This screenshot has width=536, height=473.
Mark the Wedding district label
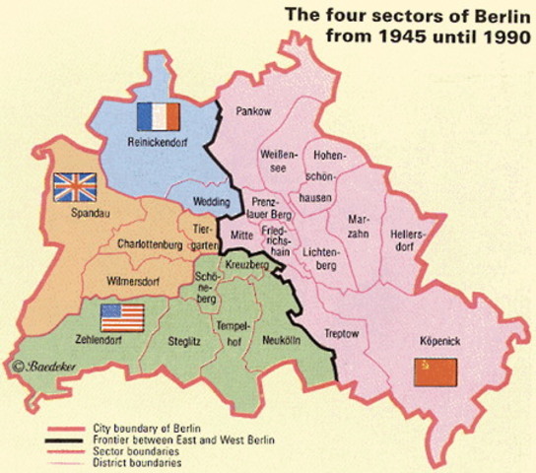[215, 203]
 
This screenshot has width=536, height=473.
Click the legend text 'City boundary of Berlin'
[145, 427]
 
